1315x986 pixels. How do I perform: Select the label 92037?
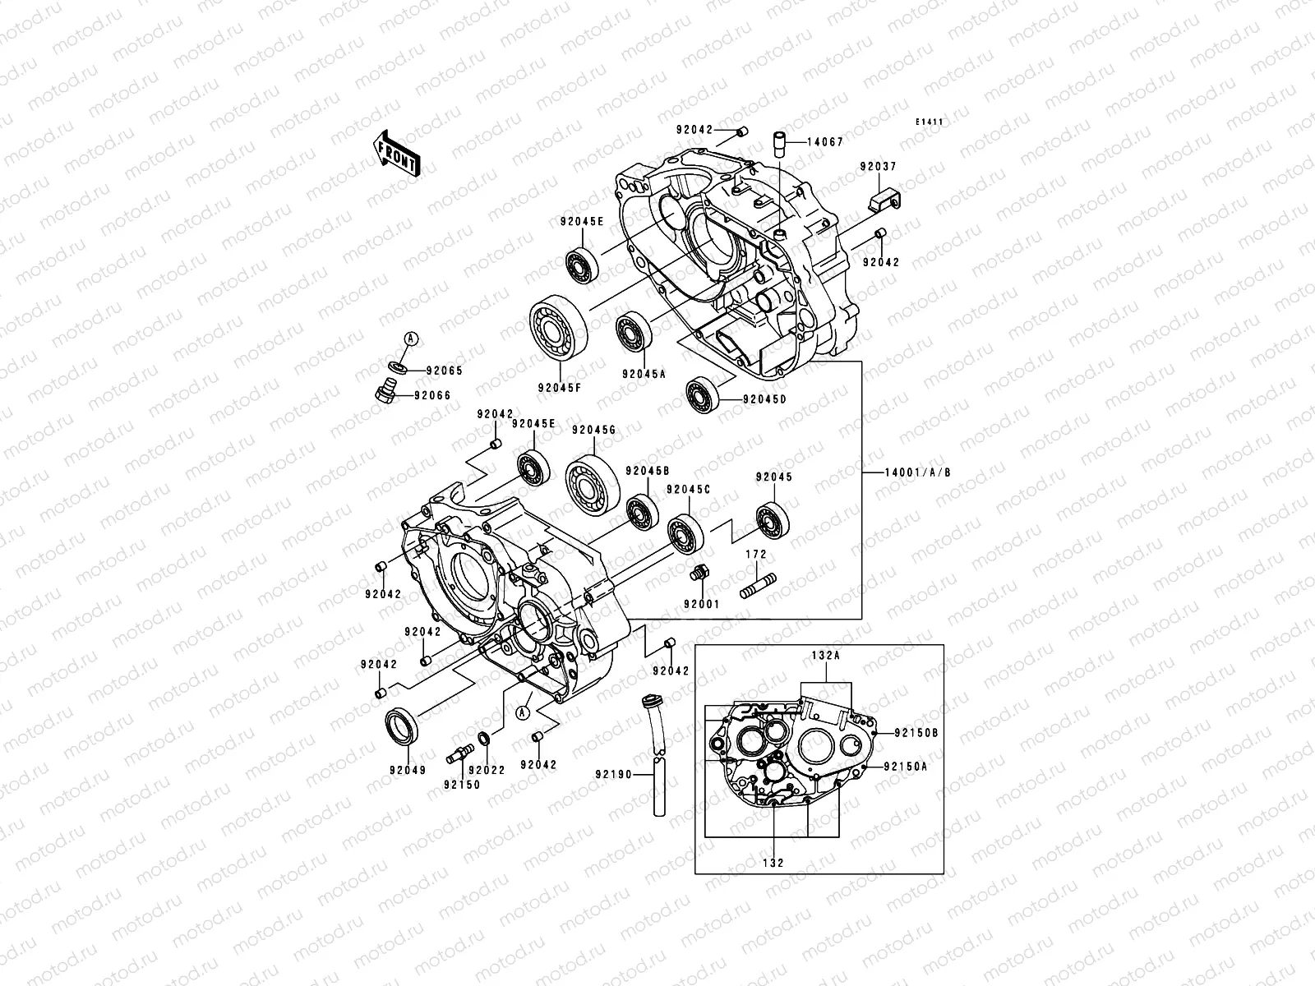coord(879,167)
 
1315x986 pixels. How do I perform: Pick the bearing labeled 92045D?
coord(704,395)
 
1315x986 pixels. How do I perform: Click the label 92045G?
coord(594,430)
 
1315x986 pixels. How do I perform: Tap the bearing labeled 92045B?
coord(641,513)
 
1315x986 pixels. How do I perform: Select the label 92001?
coord(701,604)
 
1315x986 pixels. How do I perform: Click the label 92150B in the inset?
coord(916,731)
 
